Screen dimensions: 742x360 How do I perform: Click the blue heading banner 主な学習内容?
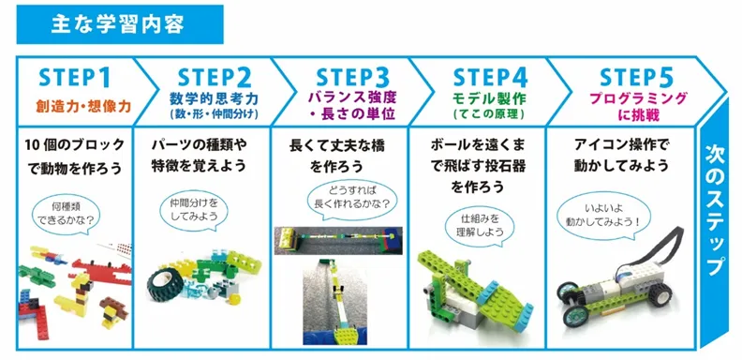120,24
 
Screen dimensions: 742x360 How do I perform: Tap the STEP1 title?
74,78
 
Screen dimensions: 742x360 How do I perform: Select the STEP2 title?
215,78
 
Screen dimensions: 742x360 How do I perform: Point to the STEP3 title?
352,78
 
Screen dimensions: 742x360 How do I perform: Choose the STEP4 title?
490,78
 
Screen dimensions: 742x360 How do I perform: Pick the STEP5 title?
636,78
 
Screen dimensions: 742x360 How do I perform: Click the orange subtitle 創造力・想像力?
83,106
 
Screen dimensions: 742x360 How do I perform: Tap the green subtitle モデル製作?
489,99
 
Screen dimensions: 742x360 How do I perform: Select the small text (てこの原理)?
489,114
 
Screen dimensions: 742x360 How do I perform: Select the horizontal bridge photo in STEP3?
338,240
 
